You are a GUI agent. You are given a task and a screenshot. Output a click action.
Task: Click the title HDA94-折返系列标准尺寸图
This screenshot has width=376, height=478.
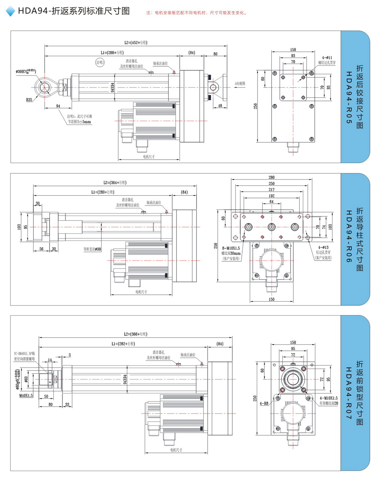(x=74, y=11)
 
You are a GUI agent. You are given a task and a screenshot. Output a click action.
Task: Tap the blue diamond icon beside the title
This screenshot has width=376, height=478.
(x=10, y=11)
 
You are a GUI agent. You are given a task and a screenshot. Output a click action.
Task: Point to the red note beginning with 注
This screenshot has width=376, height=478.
(x=197, y=13)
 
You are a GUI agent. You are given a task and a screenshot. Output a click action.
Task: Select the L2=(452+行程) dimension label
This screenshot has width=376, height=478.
(x=136, y=43)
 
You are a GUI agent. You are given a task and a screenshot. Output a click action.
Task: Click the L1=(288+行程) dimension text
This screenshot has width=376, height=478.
(x=112, y=53)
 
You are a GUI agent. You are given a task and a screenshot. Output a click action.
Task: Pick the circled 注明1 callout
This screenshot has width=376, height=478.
(x=100, y=62)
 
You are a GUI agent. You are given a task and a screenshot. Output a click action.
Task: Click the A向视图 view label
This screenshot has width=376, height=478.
(x=240, y=83)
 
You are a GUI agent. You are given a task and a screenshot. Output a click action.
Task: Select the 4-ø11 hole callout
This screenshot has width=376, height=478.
(x=327, y=58)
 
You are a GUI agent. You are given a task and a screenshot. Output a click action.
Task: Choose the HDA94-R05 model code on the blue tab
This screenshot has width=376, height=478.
(x=348, y=98)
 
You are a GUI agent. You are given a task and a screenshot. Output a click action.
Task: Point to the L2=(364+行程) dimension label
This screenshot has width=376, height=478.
(x=115, y=183)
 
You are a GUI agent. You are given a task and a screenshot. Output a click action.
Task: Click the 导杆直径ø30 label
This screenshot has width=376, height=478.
(x=93, y=249)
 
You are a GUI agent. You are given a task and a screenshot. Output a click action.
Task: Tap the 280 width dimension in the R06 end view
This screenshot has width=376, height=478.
(x=272, y=177)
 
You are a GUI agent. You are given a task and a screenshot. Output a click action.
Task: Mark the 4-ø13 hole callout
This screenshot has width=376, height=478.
(x=323, y=248)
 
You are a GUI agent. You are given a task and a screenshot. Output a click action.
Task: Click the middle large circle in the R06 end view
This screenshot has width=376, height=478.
(x=271, y=227)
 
